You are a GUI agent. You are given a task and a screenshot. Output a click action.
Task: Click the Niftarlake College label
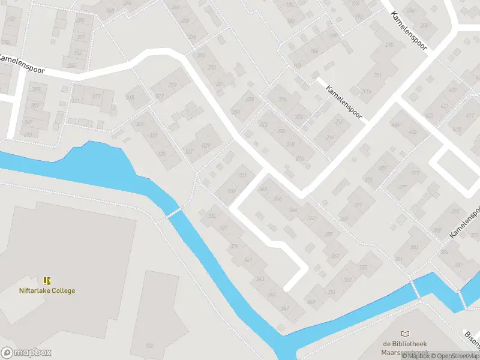47,291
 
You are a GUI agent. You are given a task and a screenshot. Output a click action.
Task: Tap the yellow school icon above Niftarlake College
47,281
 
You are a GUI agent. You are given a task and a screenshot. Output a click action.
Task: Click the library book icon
406,334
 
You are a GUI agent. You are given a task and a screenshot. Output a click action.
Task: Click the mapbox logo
26,353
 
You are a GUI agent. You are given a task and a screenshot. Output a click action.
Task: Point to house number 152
149,346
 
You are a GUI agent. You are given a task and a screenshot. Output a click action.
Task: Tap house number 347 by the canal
285,309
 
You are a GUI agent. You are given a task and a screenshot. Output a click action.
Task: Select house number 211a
365,91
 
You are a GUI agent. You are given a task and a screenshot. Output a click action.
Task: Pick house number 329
206,146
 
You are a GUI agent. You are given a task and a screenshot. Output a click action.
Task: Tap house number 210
389,45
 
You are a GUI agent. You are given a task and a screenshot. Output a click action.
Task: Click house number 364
277,199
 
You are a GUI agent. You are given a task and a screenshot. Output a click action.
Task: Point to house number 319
172,85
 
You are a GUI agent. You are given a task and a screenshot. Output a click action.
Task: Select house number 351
332,292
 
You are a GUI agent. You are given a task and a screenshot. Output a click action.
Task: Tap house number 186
314,52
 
